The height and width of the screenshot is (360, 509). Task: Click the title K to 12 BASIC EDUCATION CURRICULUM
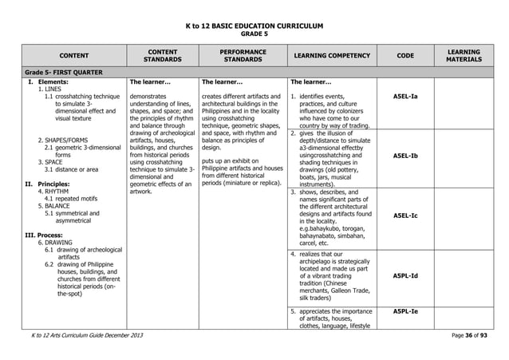254,26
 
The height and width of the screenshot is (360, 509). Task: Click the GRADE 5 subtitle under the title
254,34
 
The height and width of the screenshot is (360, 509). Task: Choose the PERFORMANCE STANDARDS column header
243,55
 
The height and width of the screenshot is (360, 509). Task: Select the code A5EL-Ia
405,97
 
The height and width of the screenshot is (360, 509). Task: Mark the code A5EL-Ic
405,216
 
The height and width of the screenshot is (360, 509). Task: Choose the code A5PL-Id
405,275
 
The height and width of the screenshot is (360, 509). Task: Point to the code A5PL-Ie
405,311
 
